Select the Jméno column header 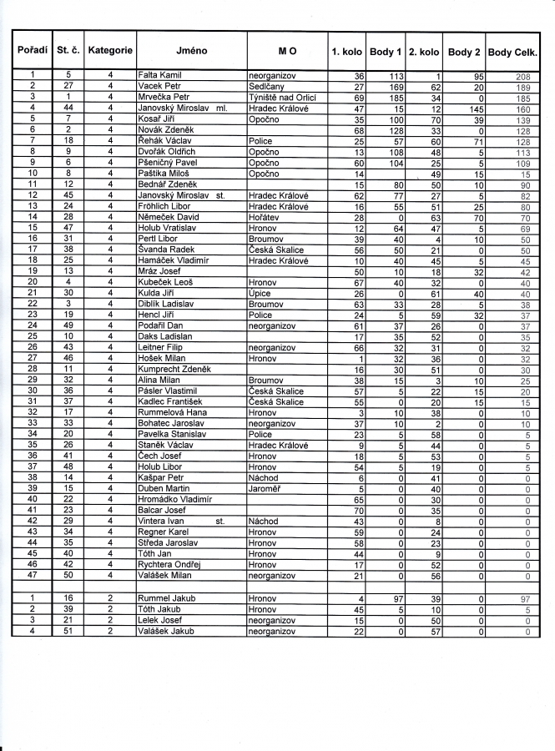pos(192,51)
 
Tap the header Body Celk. pos(513,52)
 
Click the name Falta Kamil pos(159,76)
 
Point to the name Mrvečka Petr pos(164,98)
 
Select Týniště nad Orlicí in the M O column pos(280,98)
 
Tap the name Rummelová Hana pos(172,413)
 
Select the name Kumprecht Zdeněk pos(174,369)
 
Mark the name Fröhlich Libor pos(165,206)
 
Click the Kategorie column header pos(110,51)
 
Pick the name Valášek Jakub pos(166,632)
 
